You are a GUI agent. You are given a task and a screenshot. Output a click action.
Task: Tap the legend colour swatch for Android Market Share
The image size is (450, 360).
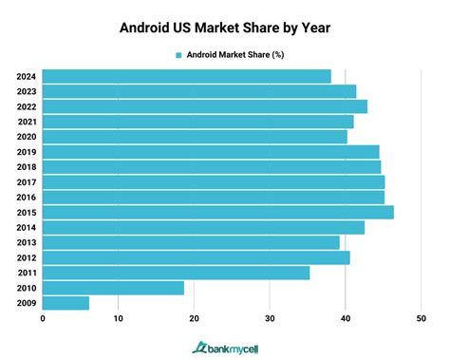[177, 54]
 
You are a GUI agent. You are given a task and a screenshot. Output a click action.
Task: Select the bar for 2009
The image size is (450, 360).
[66, 303]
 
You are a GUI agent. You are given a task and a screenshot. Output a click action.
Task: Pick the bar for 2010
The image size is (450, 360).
[113, 288]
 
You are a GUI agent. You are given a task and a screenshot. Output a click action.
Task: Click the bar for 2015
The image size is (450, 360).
[217, 212]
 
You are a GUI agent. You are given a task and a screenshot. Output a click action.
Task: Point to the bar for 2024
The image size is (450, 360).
[186, 76]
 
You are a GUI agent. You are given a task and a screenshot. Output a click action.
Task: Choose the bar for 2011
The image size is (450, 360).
[176, 273]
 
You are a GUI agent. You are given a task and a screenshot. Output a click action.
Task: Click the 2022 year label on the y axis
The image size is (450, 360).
[27, 106]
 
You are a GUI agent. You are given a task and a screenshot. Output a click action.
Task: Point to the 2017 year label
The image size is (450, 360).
[27, 181]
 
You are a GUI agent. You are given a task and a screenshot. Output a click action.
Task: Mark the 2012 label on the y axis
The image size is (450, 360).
[27, 257]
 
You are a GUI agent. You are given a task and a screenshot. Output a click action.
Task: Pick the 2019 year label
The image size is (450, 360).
[27, 152]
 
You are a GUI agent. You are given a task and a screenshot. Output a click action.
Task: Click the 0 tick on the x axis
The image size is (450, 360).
[43, 319]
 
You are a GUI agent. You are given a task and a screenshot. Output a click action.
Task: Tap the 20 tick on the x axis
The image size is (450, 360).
[194, 319]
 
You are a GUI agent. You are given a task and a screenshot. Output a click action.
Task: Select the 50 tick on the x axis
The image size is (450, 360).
[421, 319]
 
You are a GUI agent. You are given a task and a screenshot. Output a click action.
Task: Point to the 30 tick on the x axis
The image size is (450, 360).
[270, 319]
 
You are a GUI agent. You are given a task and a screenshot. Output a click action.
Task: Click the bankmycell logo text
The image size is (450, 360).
[234, 347]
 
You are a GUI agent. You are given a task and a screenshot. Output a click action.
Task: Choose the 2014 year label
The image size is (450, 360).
[27, 227]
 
